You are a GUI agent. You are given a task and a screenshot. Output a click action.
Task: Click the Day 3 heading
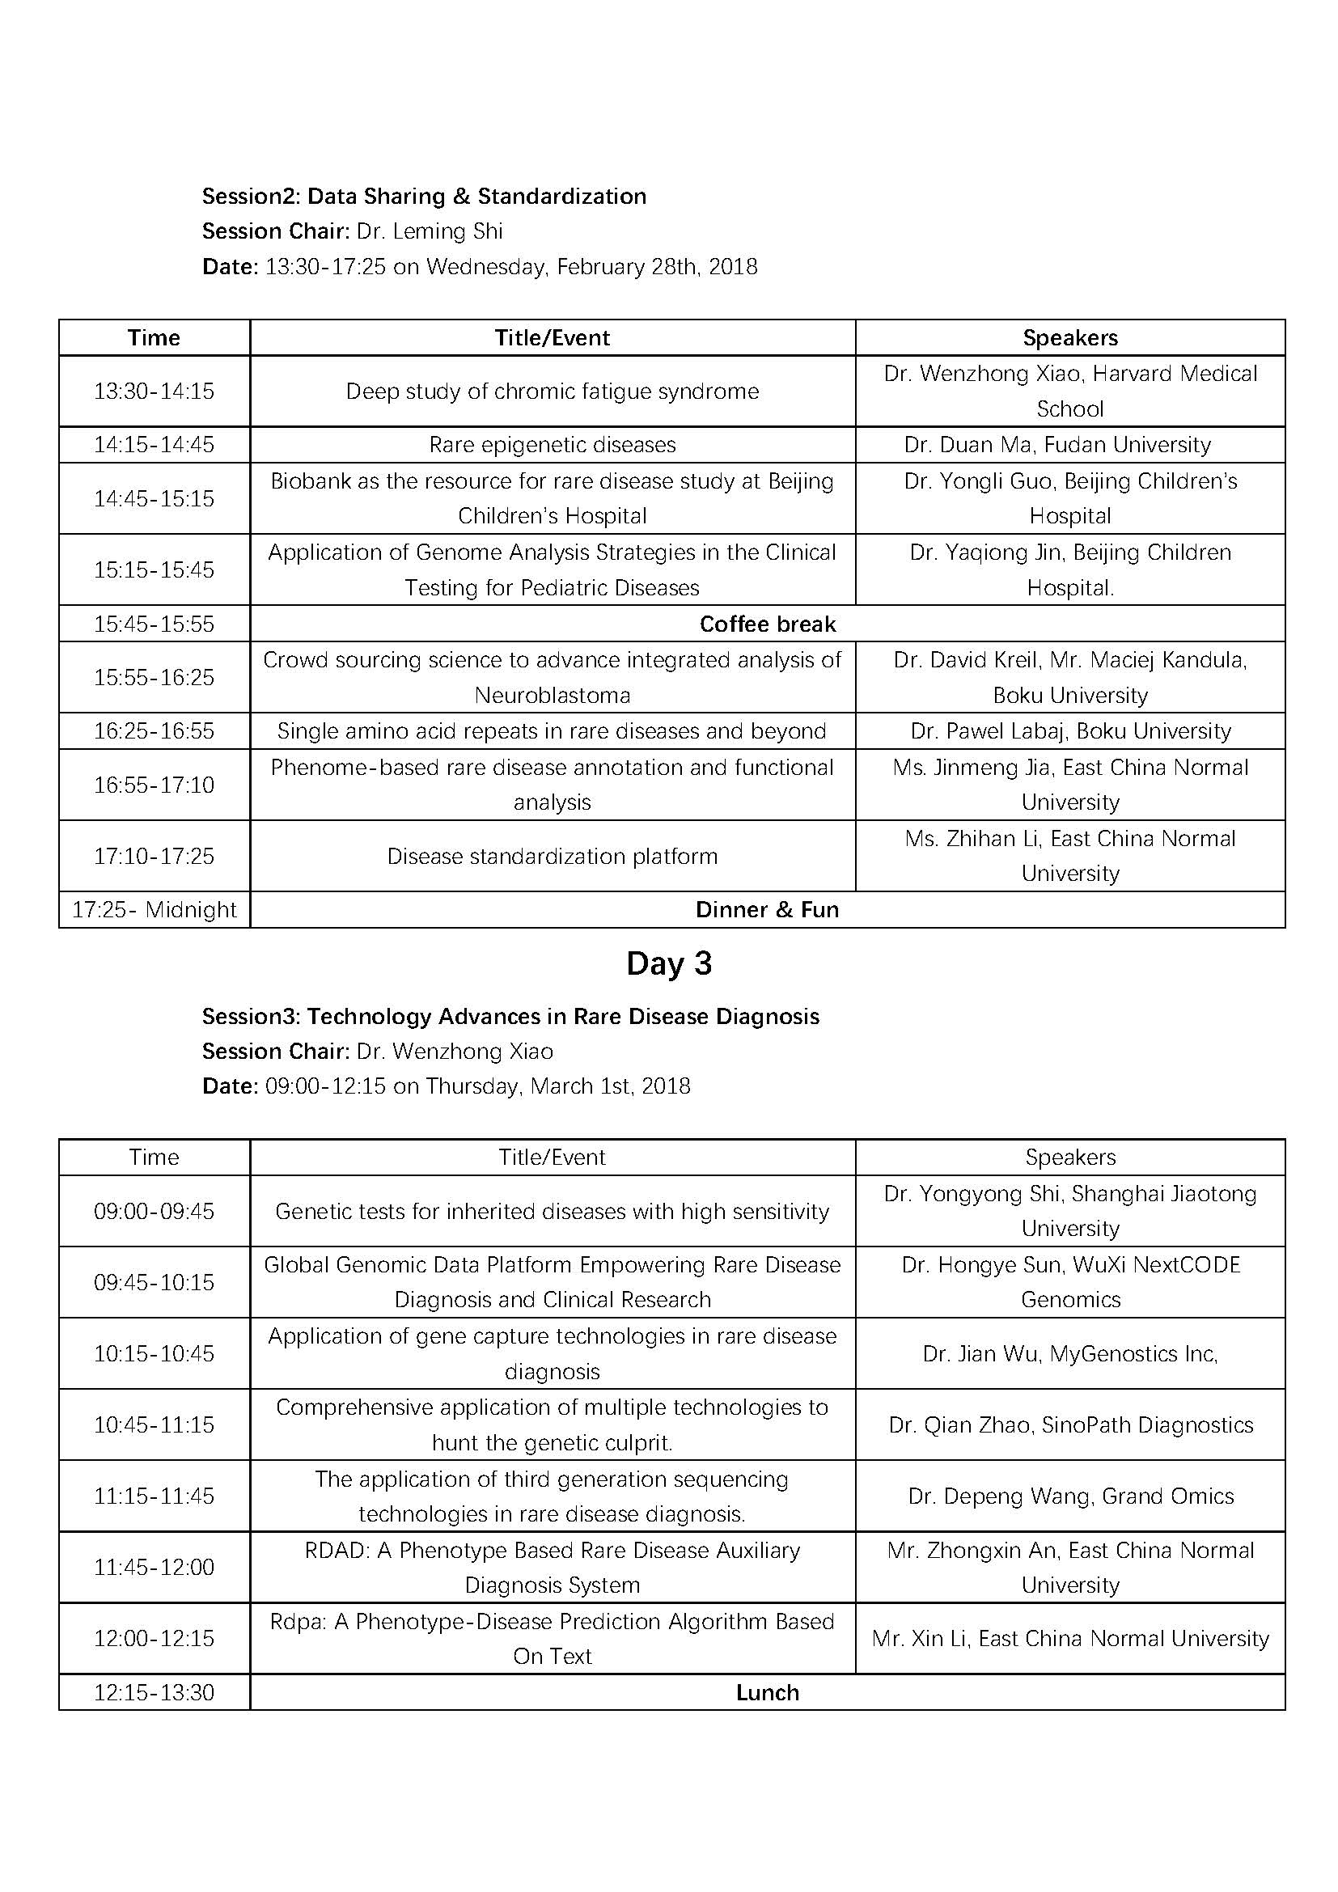click(x=668, y=963)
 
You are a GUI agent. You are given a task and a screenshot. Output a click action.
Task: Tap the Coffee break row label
click(x=767, y=624)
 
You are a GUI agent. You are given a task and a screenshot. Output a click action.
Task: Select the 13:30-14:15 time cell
click(x=154, y=391)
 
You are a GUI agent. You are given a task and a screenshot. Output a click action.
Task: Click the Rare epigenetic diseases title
click(x=552, y=445)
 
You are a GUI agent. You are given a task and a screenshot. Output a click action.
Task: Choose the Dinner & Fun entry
click(x=767, y=910)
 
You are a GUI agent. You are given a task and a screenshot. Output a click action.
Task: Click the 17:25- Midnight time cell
click(x=154, y=910)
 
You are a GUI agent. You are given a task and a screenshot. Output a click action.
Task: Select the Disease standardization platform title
click(x=552, y=856)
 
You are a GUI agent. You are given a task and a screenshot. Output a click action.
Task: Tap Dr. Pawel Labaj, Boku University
click(x=1070, y=731)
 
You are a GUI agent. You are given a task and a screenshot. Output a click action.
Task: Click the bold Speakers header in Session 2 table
click(x=1070, y=338)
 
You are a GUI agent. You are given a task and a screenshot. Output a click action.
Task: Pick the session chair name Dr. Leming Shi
click(x=430, y=231)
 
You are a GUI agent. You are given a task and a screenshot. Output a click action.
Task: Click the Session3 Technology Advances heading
click(x=510, y=1016)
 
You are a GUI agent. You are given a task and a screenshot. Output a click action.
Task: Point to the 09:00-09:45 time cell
click(x=154, y=1212)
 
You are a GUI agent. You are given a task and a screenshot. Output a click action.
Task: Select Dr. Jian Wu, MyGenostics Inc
click(x=1070, y=1354)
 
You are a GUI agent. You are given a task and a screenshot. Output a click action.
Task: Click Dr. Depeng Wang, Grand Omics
click(x=1070, y=1496)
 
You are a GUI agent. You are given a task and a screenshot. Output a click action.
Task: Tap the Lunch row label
click(x=767, y=1692)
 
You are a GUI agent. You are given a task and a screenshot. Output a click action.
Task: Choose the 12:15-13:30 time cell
click(x=154, y=1692)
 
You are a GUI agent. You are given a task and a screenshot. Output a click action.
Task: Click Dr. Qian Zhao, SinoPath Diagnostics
click(x=1070, y=1424)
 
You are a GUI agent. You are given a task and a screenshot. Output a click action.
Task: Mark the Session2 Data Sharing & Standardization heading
click(x=425, y=196)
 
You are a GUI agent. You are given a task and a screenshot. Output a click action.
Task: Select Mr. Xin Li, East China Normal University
click(x=1070, y=1638)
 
